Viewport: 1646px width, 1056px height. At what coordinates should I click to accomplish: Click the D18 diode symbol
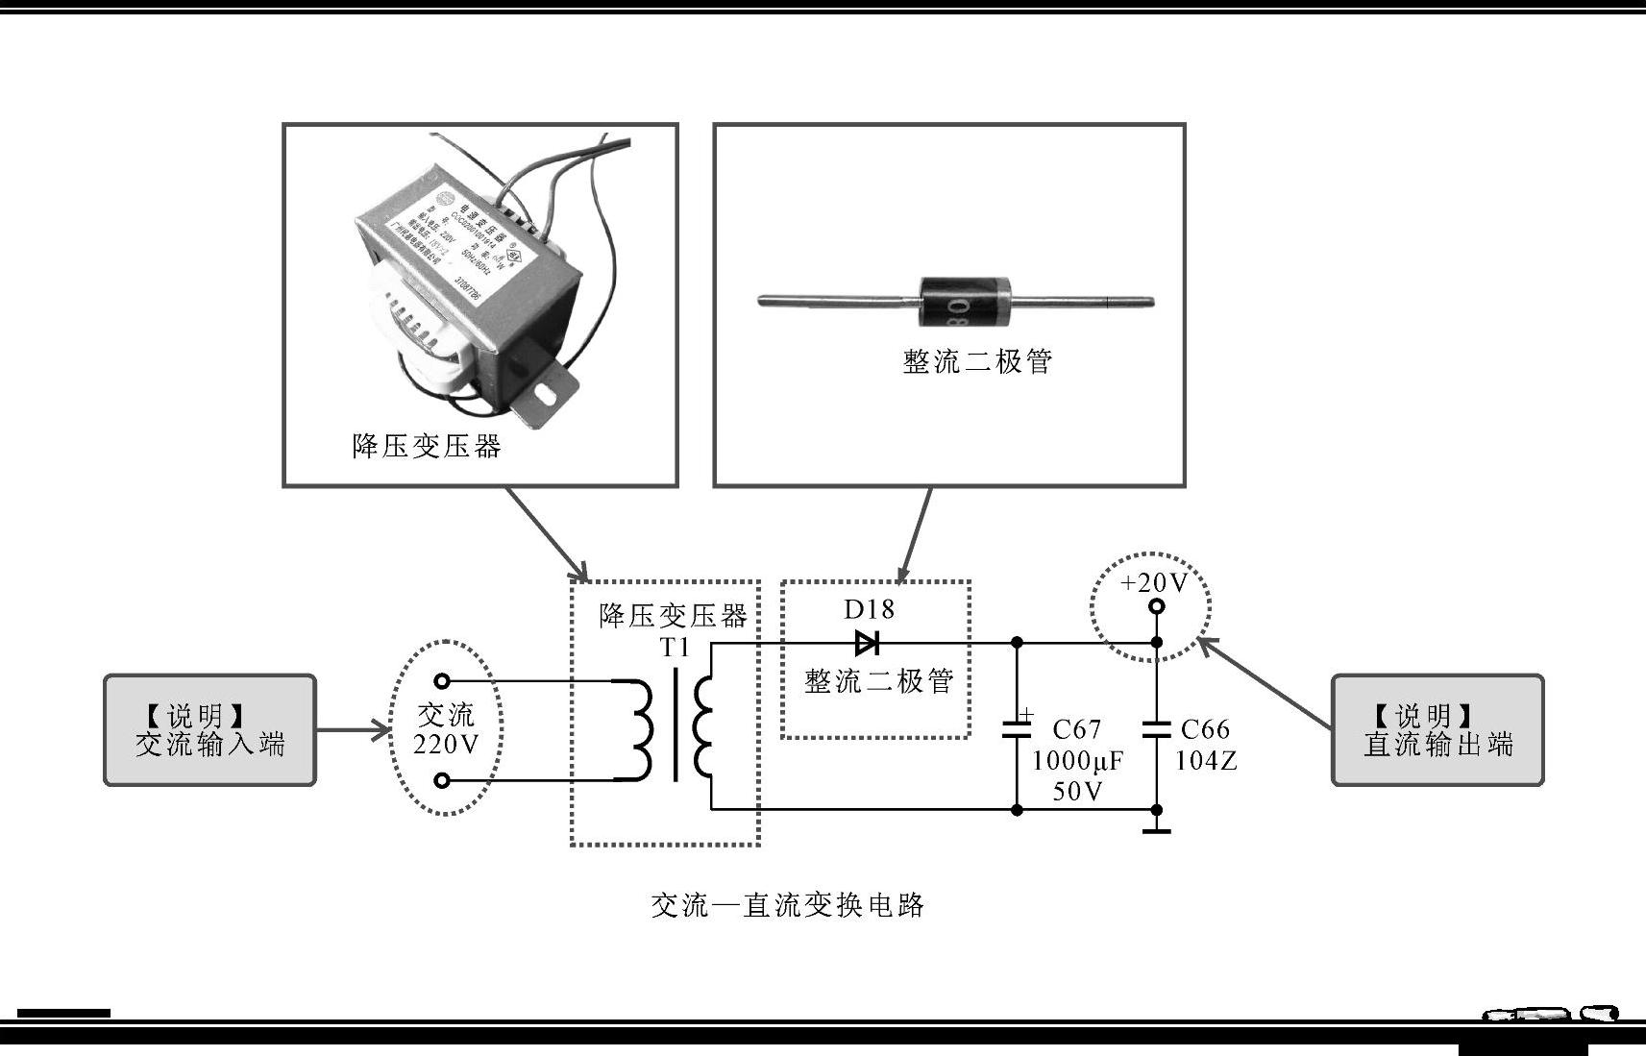[x=867, y=643]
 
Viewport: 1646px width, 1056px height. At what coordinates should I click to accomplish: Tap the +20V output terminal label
[x=1154, y=582]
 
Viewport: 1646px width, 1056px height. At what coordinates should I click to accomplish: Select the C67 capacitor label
[x=1076, y=729]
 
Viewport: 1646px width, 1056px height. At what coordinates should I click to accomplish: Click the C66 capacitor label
[x=1205, y=729]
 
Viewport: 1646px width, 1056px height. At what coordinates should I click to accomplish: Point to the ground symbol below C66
[x=1157, y=827]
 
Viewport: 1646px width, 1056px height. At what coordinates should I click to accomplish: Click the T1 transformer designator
[x=675, y=648]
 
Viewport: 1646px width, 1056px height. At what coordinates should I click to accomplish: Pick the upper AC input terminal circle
[x=442, y=681]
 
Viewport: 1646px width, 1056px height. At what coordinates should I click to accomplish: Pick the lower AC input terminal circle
[x=442, y=780]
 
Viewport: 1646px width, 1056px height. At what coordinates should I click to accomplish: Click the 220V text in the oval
[x=446, y=745]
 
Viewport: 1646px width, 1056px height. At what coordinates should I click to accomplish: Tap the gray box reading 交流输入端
[x=209, y=730]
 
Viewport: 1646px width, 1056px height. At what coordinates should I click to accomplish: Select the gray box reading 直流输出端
[x=1437, y=730]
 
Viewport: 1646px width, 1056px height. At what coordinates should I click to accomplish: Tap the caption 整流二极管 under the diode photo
[x=977, y=361]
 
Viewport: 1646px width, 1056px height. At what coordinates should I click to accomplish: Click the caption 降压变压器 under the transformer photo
[x=427, y=446]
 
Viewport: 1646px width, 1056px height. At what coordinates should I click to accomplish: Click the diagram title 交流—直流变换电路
[x=787, y=905]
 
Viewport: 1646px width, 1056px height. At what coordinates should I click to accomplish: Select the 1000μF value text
[x=1077, y=761]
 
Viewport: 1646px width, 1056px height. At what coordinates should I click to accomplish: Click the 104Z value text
[x=1206, y=761]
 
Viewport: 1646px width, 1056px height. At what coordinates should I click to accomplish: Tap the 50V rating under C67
[x=1077, y=792]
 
